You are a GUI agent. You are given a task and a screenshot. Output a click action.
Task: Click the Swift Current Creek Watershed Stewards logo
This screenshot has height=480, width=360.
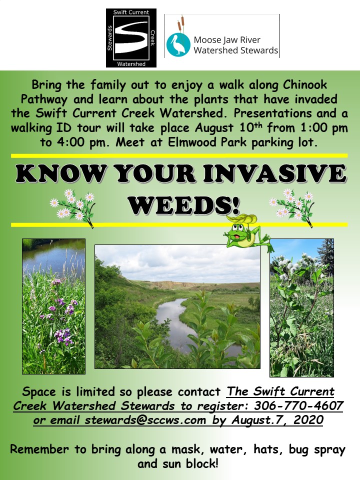tap(131, 38)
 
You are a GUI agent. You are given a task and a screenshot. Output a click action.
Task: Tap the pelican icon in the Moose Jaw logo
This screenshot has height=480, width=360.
tap(177, 45)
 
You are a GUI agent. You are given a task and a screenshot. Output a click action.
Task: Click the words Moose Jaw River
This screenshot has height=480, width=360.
tap(227, 40)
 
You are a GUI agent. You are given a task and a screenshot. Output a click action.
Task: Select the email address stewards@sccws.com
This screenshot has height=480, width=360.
tap(145, 420)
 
